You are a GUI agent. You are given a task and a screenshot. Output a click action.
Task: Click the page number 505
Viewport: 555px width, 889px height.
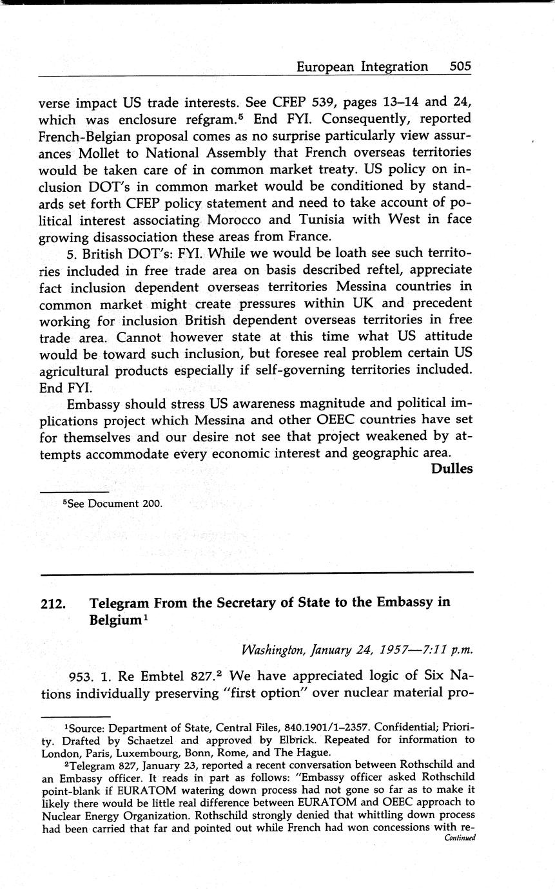click(460, 66)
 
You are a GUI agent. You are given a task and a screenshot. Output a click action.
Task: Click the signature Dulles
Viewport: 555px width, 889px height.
click(451, 468)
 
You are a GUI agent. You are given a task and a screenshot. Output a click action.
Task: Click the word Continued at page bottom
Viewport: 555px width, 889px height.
click(460, 838)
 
